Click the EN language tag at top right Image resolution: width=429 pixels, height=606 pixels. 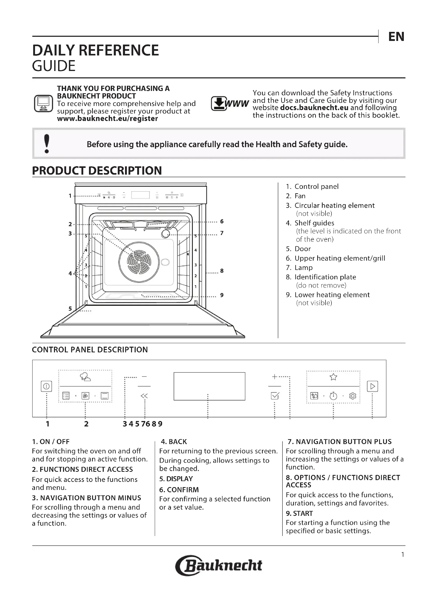pos(396,37)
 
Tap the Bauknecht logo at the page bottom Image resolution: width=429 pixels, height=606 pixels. pos(219,565)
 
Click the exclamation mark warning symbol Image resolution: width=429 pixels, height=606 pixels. pos(47,144)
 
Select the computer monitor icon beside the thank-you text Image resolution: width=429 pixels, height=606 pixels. pos(43,103)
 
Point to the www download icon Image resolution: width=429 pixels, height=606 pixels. pos(230,103)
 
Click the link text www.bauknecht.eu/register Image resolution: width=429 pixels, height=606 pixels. pos(107,118)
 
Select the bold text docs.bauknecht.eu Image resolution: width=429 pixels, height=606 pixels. pos(314,108)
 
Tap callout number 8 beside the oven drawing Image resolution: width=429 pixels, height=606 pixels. pos(222,271)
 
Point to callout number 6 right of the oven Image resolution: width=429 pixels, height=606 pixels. pos(222,222)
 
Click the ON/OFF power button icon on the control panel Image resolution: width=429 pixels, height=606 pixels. pos(46,386)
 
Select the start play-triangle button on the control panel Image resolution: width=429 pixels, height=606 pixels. pos(372,386)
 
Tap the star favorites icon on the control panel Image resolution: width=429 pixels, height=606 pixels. pos(333,377)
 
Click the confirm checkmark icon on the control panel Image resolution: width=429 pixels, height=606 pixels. pos(275,396)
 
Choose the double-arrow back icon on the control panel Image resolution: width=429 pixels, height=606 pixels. pos(144,396)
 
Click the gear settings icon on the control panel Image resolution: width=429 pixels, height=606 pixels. pos(353,396)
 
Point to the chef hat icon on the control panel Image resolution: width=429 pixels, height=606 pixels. pos(85,377)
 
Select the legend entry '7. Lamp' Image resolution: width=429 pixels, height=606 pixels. pos(299,268)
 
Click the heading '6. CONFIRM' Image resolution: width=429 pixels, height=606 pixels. pos(179,490)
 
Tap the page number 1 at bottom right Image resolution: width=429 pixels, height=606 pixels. pos(403,554)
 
